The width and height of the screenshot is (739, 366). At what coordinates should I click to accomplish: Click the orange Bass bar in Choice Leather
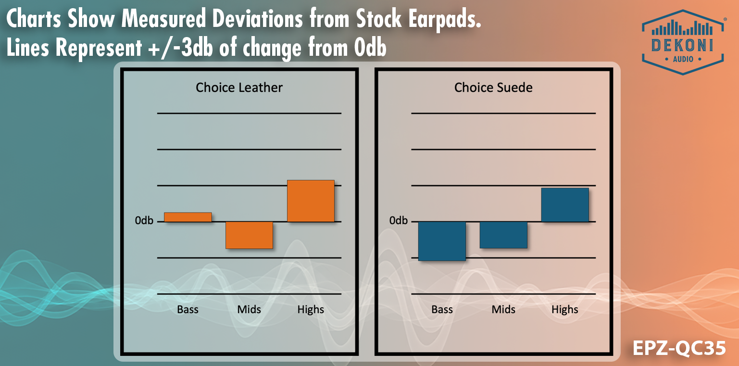point(188,217)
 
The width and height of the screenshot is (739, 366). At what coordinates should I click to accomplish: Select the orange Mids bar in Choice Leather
point(249,235)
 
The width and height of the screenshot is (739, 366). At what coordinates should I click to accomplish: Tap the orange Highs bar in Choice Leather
point(311,201)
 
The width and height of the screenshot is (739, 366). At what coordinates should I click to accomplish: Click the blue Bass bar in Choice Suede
point(442,241)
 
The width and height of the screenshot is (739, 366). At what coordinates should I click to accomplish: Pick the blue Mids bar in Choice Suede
point(503,235)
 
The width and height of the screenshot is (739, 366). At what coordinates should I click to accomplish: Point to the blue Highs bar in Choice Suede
point(565,205)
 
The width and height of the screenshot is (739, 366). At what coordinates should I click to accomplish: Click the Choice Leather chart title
point(239,88)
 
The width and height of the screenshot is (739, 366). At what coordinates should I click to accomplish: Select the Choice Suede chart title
point(493,88)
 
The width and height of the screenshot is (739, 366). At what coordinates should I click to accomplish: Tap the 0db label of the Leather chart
point(144,221)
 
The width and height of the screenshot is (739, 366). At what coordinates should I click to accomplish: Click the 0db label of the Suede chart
point(399,221)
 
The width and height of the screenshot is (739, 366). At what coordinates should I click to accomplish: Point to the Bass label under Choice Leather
point(188,309)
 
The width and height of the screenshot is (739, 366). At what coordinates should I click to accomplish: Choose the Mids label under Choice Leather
point(249,309)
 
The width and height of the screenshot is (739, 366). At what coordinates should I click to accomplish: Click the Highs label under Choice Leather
point(311,309)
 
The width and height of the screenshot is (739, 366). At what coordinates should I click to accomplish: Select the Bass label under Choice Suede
point(442,309)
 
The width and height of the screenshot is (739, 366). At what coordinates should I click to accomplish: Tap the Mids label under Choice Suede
point(503,309)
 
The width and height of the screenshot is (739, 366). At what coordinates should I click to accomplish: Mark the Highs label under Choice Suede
point(565,309)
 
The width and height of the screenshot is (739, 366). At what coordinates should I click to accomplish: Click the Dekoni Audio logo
point(683,42)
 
